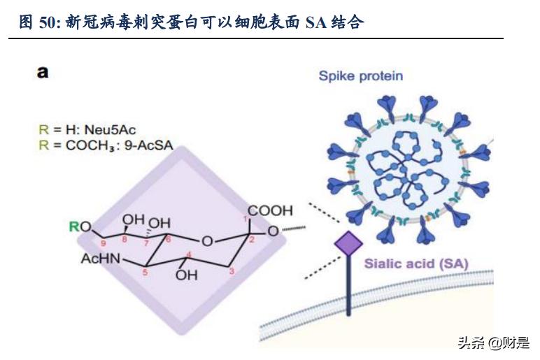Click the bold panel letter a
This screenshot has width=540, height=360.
43,71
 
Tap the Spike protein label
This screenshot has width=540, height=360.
360,75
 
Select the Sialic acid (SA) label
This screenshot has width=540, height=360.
415,264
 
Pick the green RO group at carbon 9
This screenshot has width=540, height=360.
81,226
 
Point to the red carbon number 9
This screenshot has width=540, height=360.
103,243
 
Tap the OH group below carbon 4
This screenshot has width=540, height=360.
186,275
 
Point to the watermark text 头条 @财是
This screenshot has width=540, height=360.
493,342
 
